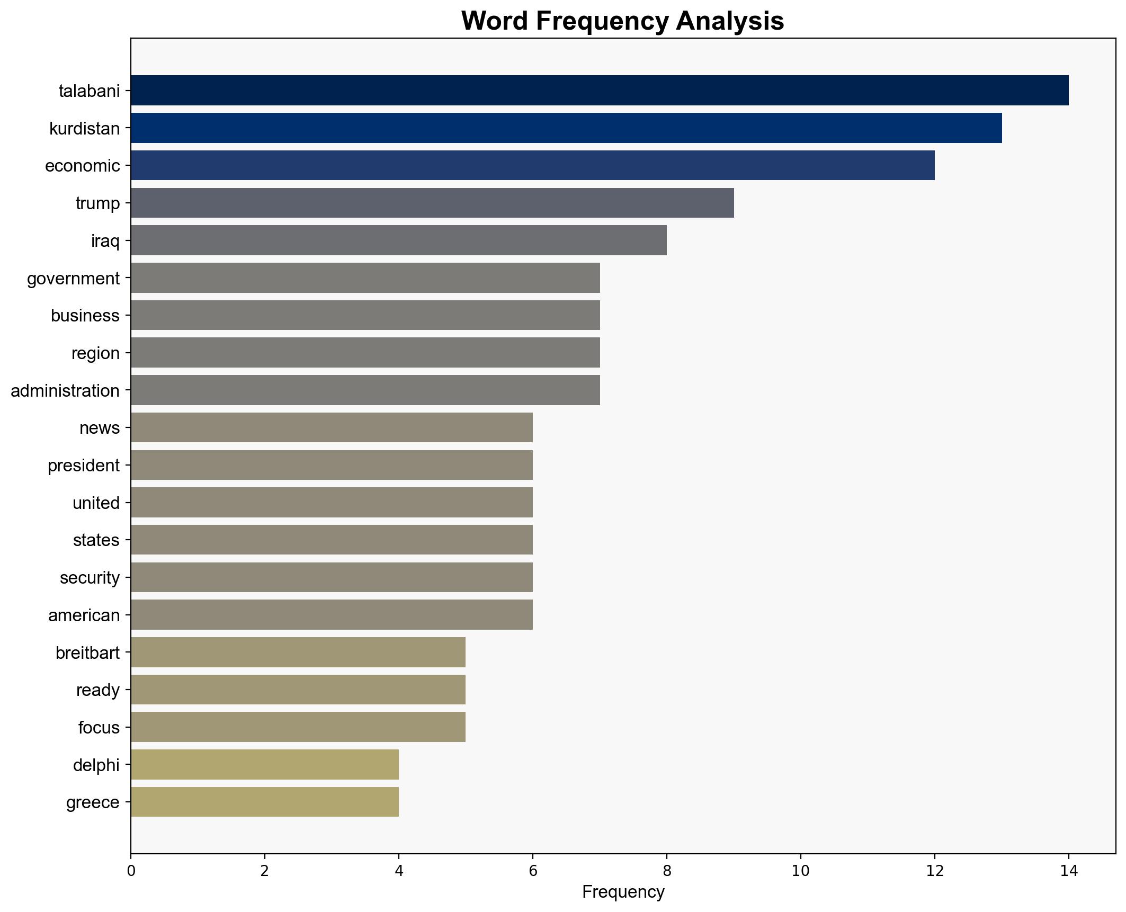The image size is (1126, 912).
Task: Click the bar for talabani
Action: tap(599, 91)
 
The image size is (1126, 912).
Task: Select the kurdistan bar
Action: tap(566, 128)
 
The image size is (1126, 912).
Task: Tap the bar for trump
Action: tap(432, 203)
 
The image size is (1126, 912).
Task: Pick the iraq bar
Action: tap(398, 240)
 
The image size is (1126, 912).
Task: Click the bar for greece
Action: tap(265, 802)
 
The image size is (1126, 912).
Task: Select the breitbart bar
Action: tap(298, 652)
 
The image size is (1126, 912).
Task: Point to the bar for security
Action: tap(332, 577)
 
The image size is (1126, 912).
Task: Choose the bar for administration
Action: tap(365, 390)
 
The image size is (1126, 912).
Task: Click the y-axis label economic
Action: tap(83, 166)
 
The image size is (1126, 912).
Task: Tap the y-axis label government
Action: tap(74, 278)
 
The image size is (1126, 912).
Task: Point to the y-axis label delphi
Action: tap(96, 765)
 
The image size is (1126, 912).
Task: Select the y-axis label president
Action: tap(84, 466)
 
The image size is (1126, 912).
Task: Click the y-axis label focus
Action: tap(99, 727)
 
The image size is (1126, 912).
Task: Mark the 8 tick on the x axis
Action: tap(667, 871)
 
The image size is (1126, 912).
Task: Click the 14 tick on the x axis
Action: tap(1069, 871)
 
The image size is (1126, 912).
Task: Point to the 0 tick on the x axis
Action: tap(131, 871)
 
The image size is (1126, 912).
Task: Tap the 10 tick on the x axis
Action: tap(801, 871)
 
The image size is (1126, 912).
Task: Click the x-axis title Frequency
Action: tap(623, 892)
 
